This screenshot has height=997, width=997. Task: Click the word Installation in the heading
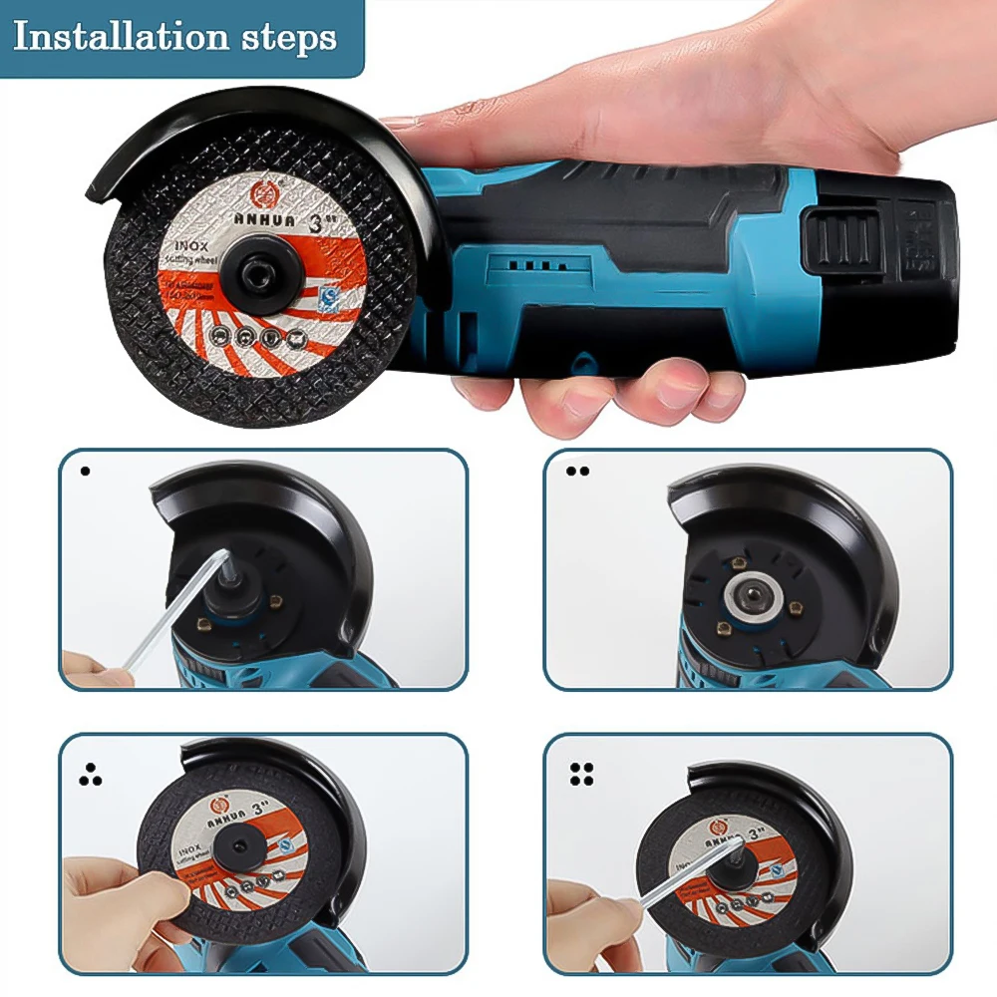coord(119,37)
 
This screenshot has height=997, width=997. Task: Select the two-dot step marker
coord(577,471)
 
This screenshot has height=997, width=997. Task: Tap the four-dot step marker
coord(581,774)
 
